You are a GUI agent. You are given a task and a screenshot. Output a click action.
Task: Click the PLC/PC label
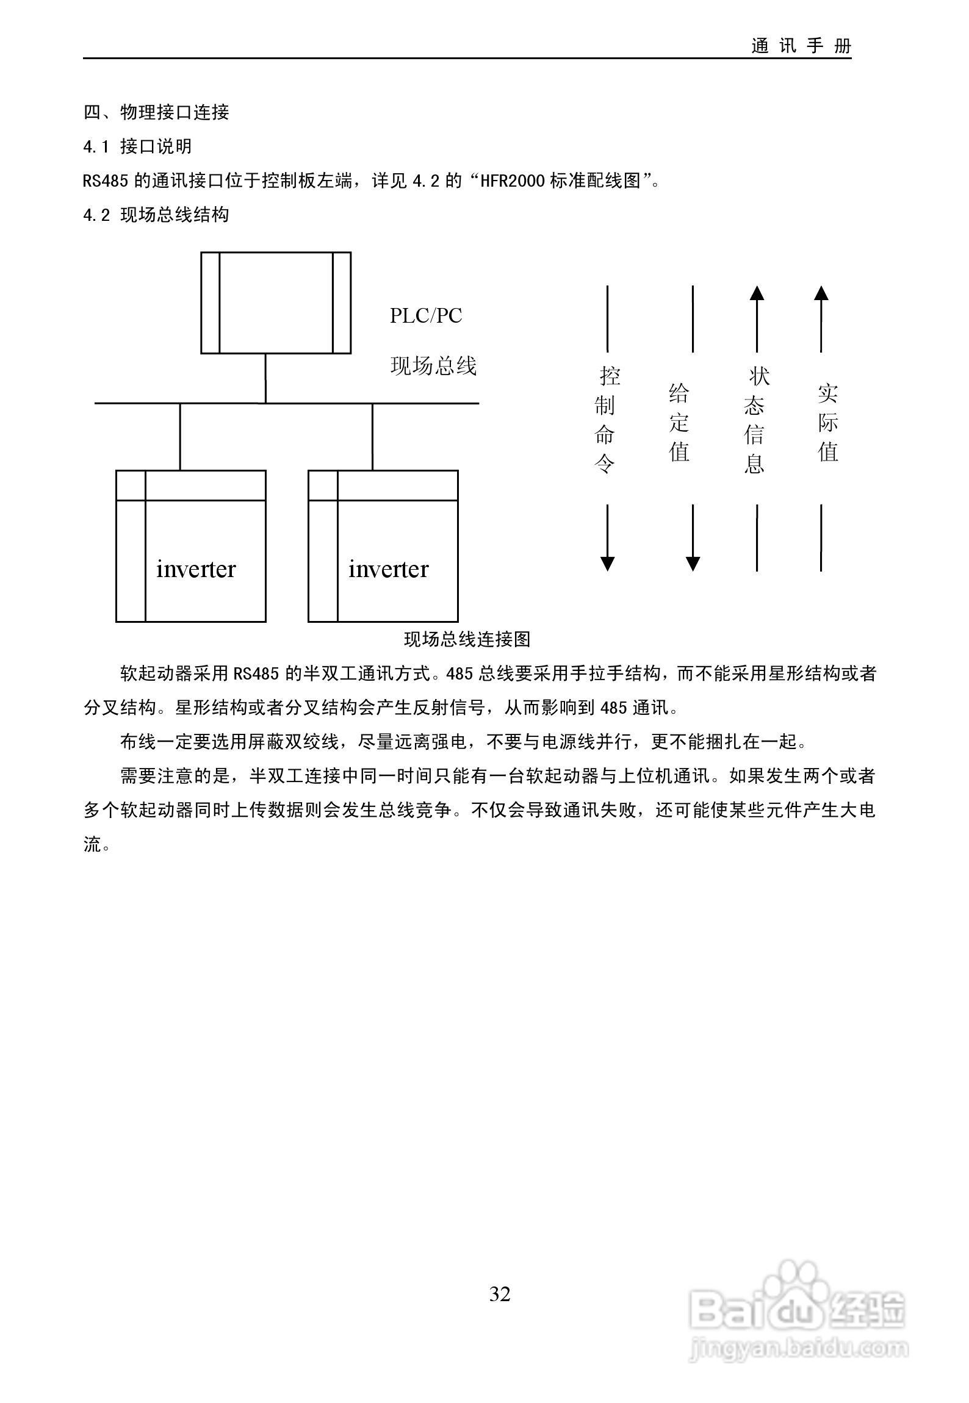click(426, 316)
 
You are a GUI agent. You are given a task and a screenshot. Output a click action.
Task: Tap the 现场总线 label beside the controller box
click(433, 366)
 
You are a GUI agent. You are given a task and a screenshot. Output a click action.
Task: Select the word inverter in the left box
click(196, 569)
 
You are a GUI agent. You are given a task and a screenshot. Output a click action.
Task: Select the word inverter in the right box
click(388, 569)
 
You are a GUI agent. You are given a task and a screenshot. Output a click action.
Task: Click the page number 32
click(500, 1294)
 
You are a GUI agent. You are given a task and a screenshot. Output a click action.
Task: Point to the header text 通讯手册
click(801, 46)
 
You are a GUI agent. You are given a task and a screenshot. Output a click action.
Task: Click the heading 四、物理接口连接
click(156, 112)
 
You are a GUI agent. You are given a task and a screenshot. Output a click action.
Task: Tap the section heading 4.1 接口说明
click(138, 146)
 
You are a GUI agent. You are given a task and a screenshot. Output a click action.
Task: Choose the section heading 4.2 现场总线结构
click(156, 215)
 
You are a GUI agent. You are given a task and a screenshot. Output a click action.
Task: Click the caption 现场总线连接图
click(467, 639)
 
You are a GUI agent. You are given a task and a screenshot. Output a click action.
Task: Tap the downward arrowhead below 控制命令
click(607, 564)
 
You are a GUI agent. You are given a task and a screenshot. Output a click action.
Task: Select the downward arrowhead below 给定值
click(693, 564)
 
